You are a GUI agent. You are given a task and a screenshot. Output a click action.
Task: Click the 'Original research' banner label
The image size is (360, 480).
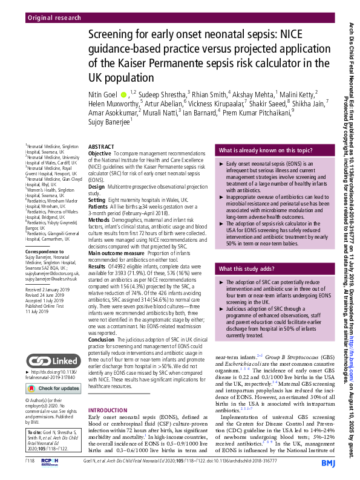(x=54, y=18)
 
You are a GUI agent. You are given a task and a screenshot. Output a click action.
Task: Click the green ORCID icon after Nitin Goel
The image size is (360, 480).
(x=124, y=94)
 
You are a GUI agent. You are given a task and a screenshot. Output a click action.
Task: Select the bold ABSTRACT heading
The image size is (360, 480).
(x=100, y=148)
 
